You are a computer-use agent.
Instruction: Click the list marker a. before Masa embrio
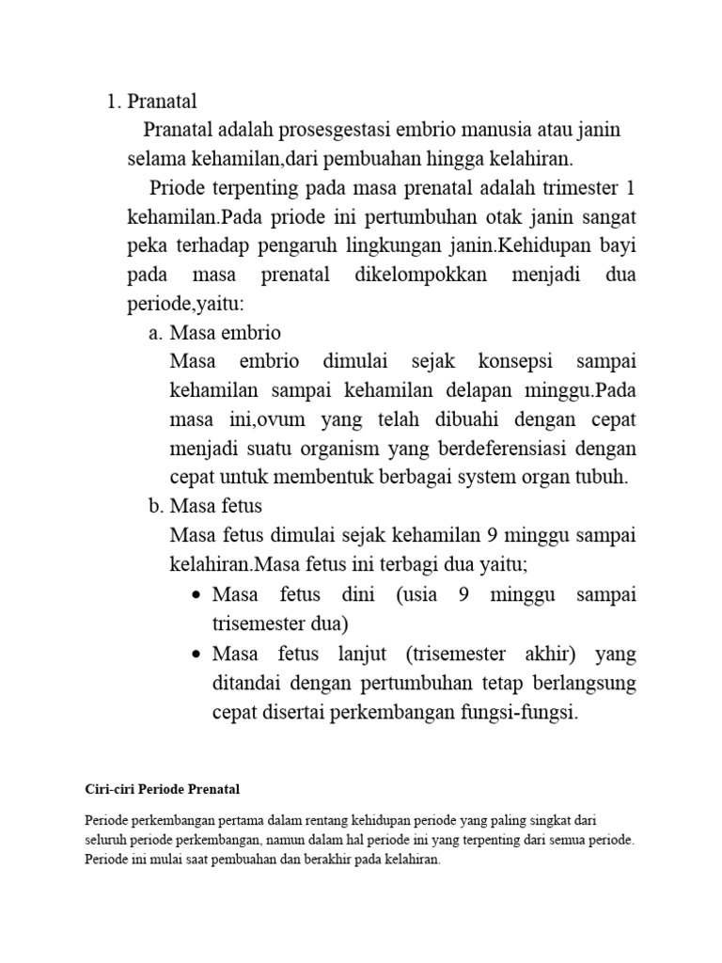[x=155, y=334]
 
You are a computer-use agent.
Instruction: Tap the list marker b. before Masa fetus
[x=155, y=506]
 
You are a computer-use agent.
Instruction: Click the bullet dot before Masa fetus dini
[x=196, y=595]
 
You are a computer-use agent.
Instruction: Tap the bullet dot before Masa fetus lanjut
[x=196, y=654]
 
